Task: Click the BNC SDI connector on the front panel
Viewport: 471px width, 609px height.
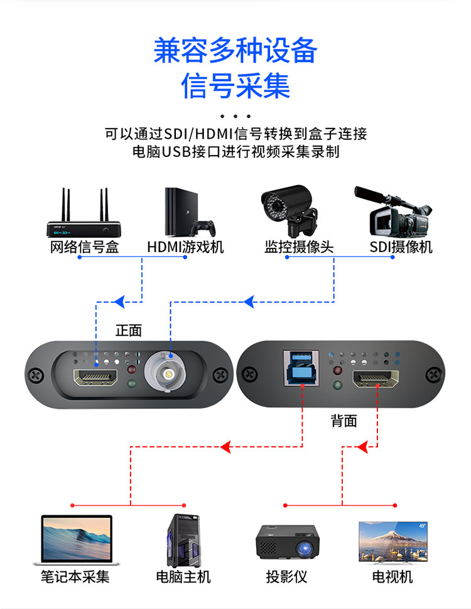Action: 168,374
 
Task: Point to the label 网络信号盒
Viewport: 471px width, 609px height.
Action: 84,246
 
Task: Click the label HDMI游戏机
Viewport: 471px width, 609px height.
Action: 185,246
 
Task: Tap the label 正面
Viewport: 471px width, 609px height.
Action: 129,330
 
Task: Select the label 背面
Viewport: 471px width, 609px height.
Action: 344,421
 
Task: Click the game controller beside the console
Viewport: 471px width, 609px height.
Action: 205,226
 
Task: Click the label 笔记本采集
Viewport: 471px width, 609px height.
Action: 75,576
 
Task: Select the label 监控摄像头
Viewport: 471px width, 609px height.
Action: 299,246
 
